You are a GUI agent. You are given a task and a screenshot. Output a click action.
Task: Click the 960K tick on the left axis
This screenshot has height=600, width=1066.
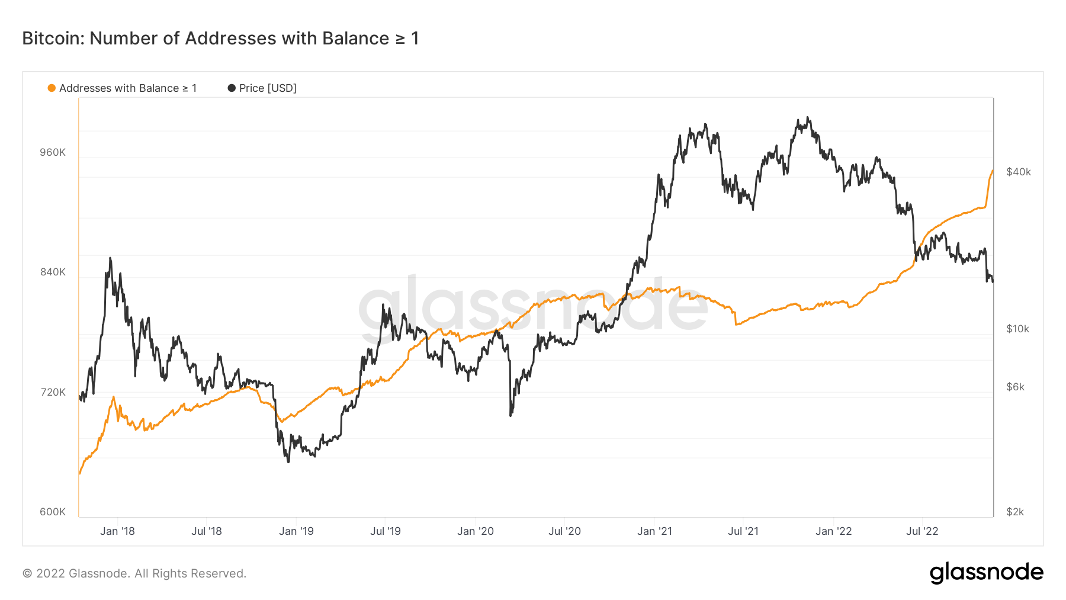(x=53, y=152)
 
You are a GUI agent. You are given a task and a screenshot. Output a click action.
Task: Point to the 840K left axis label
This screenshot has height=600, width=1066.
(x=53, y=272)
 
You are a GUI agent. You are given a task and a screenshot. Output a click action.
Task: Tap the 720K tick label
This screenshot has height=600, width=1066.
(x=53, y=392)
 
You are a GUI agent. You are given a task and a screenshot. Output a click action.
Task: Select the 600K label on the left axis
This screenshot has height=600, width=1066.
(x=53, y=512)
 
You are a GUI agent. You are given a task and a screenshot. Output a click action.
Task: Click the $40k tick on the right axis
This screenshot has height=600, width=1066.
(x=1018, y=172)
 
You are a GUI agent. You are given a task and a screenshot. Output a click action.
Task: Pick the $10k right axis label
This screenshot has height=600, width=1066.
(x=1017, y=329)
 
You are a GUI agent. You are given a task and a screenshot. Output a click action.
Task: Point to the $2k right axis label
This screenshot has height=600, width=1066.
(x=1015, y=512)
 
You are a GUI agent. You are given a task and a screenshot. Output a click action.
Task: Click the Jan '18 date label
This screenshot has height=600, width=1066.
(x=117, y=531)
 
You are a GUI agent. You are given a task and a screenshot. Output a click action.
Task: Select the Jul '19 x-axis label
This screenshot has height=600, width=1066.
(x=386, y=531)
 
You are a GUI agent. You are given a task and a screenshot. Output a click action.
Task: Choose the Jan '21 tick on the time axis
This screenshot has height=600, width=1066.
(x=654, y=531)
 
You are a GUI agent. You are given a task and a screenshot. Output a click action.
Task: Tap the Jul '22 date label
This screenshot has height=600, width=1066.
(x=922, y=531)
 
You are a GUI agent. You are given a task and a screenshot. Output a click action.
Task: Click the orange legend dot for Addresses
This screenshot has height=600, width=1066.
(x=52, y=88)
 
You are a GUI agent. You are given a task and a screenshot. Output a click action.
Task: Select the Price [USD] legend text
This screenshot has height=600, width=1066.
(x=268, y=88)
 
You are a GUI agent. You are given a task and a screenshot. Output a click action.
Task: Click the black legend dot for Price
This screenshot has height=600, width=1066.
(x=232, y=88)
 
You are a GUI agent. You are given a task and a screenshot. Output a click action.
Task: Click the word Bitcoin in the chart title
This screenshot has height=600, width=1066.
(x=53, y=38)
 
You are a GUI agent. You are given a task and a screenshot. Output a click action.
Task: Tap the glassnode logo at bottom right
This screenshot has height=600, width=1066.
(x=986, y=573)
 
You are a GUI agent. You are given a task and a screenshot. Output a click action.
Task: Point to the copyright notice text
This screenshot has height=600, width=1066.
(x=134, y=573)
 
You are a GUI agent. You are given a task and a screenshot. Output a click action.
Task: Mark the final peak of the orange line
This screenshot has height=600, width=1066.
(x=992, y=171)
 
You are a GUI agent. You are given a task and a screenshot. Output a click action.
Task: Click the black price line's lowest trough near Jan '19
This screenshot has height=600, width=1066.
(x=288, y=461)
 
